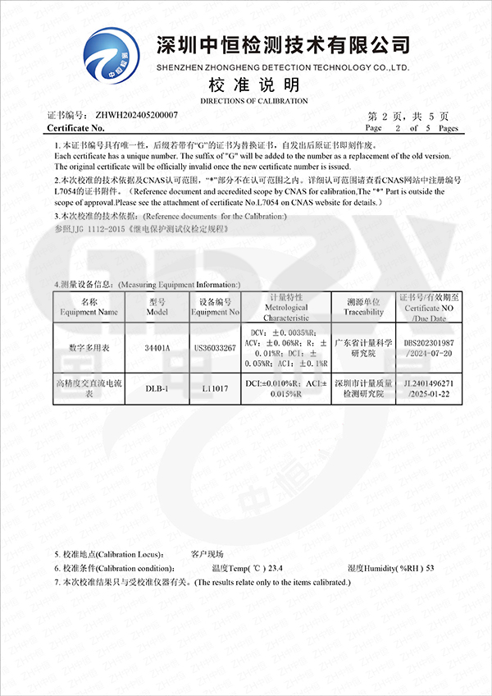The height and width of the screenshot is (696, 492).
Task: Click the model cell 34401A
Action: pyautogui.click(x=157, y=348)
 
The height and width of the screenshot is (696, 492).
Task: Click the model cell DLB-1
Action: pyautogui.click(x=157, y=388)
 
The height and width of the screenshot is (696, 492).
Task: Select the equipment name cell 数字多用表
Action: pyautogui.click(x=89, y=348)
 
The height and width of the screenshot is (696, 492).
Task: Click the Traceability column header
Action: pyautogui.click(x=364, y=307)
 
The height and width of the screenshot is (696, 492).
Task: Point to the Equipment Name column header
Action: pyautogui.click(x=89, y=307)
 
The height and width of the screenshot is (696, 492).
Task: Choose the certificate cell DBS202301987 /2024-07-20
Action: pyautogui.click(x=429, y=348)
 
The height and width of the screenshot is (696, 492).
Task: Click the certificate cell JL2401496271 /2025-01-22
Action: pyautogui.click(x=429, y=388)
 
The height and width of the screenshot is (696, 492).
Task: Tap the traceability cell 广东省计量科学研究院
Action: pyautogui.click(x=364, y=348)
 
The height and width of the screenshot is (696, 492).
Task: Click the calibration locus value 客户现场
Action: pyautogui.click(x=207, y=554)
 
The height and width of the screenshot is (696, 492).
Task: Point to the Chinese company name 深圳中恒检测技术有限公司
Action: pyautogui.click(x=283, y=43)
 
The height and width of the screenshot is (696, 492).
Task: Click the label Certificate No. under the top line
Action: pyautogui.click(x=76, y=128)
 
